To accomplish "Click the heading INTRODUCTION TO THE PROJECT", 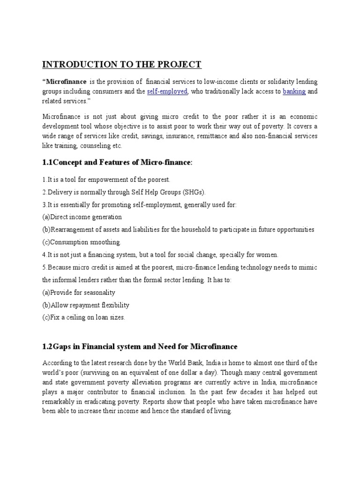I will click(122, 64).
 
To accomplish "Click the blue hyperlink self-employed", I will click(167, 91).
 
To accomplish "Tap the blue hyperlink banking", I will click(294, 91).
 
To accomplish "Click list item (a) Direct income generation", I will click(82, 217).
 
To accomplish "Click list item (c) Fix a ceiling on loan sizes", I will click(84, 317).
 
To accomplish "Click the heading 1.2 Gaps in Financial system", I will click(140, 346).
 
